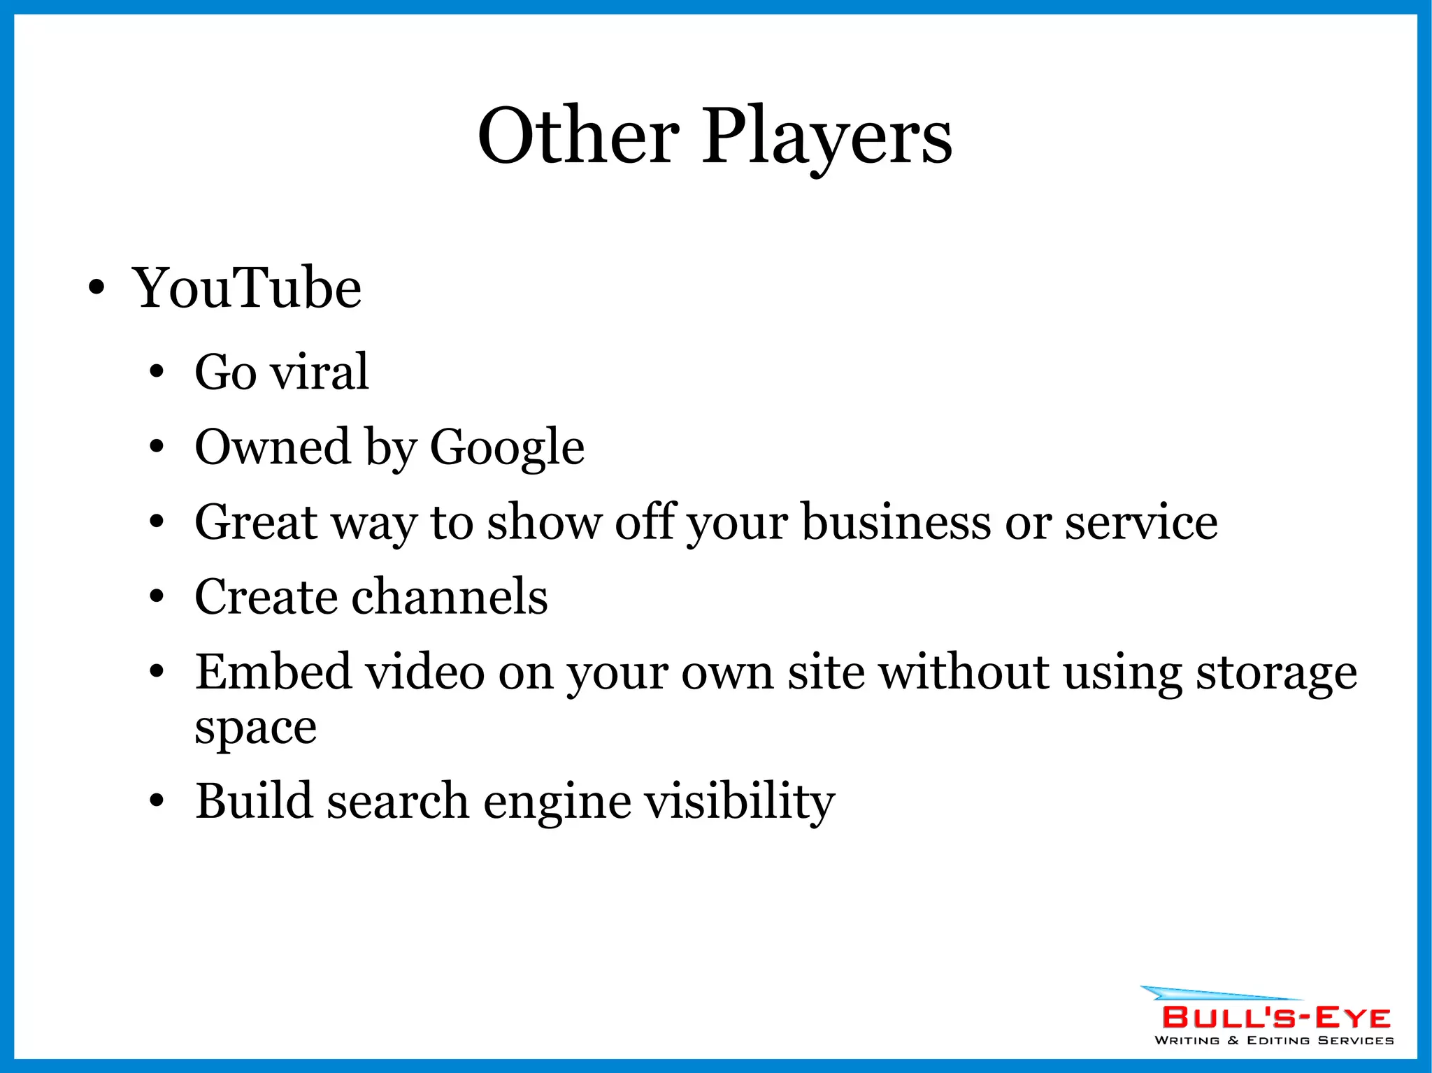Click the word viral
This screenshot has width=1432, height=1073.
point(320,372)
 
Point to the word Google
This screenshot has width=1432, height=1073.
point(507,447)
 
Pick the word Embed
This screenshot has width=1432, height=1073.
point(273,672)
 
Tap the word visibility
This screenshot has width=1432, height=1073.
point(739,801)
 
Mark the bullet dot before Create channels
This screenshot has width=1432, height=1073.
point(157,598)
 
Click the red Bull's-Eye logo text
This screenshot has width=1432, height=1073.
point(1276,1017)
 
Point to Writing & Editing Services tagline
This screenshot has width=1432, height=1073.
point(1274,1040)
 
